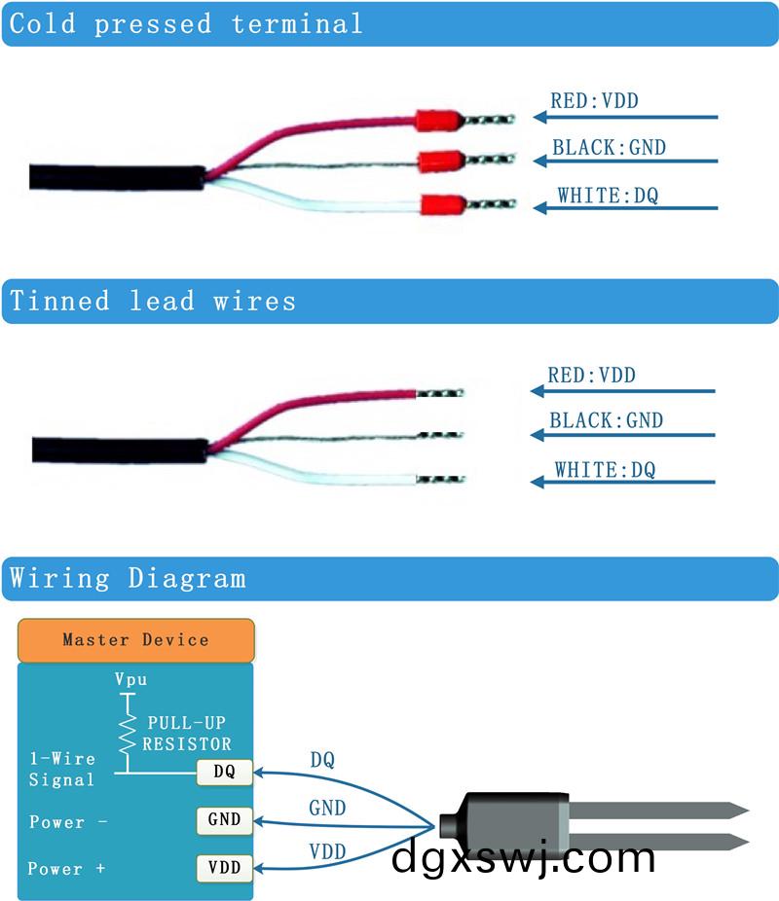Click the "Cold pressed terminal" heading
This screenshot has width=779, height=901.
click(185, 24)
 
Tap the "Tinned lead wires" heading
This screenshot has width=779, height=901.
click(152, 301)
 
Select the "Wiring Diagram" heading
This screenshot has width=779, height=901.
click(128, 579)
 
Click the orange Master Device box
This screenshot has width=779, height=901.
click(135, 640)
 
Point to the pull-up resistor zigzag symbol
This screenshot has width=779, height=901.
click(126, 735)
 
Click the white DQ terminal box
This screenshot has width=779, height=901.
click(224, 773)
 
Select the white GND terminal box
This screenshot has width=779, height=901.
click(224, 819)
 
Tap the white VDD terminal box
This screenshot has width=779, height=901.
click(224, 867)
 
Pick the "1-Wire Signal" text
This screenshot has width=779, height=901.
click(62, 769)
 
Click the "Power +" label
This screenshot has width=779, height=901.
click(66, 869)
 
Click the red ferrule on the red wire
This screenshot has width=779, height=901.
click(437, 121)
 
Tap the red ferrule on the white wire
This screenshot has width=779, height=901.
click(441, 205)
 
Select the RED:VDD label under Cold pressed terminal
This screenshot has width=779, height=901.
click(594, 100)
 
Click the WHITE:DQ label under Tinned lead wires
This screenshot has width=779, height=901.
click(605, 471)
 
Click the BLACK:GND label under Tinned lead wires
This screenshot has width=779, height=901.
click(606, 421)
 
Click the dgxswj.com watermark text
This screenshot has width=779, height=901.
click(523, 858)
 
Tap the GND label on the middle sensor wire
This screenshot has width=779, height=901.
click(327, 809)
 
